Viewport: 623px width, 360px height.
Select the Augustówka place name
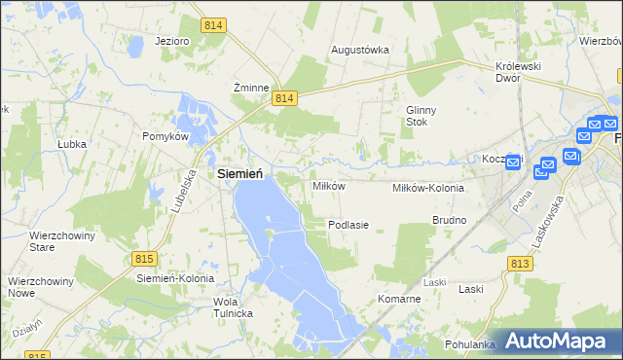(x=360, y=49)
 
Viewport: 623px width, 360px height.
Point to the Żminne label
(x=250, y=87)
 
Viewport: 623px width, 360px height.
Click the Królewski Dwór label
(x=517, y=72)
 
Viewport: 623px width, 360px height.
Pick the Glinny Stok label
(x=424, y=116)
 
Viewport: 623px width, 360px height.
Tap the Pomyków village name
(x=165, y=137)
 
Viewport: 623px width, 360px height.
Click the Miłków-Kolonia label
(x=427, y=188)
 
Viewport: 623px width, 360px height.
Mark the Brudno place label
(x=450, y=221)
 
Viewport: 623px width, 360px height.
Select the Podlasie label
(x=348, y=225)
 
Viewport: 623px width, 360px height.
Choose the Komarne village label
(x=399, y=299)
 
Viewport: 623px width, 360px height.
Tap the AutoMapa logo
(x=560, y=341)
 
